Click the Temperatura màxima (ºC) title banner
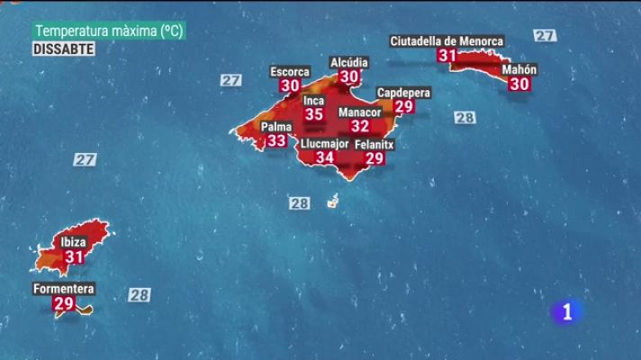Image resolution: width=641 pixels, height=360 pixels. pyautogui.click(x=108, y=31)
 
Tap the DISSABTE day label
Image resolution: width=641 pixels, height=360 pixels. pyautogui.click(x=64, y=49)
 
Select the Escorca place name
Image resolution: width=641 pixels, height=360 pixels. pyautogui.click(x=290, y=72)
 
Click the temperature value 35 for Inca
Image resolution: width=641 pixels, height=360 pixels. pyautogui.click(x=313, y=114)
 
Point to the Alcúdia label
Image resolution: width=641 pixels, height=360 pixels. pyautogui.click(x=349, y=63)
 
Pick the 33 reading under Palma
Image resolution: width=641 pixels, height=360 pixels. pyautogui.click(x=276, y=140)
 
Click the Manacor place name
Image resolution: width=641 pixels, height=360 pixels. pyautogui.click(x=359, y=112)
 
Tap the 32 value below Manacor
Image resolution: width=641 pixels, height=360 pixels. pyautogui.click(x=360, y=126)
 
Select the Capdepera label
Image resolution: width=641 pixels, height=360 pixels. pyautogui.click(x=403, y=93)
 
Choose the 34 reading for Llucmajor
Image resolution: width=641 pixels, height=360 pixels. pyautogui.click(x=324, y=157)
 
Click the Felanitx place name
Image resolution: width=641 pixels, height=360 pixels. pyautogui.click(x=375, y=144)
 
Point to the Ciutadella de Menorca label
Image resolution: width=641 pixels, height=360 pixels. pyautogui.click(x=447, y=41)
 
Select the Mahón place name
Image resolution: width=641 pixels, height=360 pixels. pyautogui.click(x=519, y=69)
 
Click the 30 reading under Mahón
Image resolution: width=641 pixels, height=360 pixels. pyautogui.click(x=519, y=84)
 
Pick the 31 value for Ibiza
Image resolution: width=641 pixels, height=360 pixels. pyautogui.click(x=74, y=256)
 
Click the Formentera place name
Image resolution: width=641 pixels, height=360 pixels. pyautogui.click(x=64, y=289)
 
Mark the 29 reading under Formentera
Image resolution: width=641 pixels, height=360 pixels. pyautogui.click(x=64, y=304)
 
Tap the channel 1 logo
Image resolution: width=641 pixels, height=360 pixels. pyautogui.click(x=566, y=311)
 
